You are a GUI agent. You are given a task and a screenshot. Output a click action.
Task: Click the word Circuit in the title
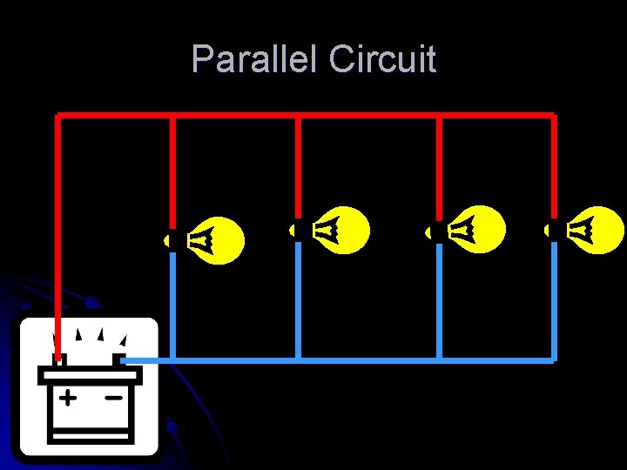(383, 60)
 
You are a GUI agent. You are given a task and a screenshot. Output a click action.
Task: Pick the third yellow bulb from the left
(475, 230)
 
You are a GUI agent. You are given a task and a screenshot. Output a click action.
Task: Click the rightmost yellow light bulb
(596, 230)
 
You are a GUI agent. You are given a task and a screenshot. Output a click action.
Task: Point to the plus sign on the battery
(67, 398)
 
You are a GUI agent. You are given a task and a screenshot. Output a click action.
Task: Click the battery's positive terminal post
(58, 359)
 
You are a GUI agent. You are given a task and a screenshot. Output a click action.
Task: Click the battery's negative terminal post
(118, 359)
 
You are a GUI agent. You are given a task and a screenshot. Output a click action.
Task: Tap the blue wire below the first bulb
(172, 305)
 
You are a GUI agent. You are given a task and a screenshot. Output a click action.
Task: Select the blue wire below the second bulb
(298, 300)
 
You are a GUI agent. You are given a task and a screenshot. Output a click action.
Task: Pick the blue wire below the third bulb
(439, 300)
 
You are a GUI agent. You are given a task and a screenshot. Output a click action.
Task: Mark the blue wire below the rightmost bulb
(554, 300)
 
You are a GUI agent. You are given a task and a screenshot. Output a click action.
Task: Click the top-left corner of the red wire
(58, 115)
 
